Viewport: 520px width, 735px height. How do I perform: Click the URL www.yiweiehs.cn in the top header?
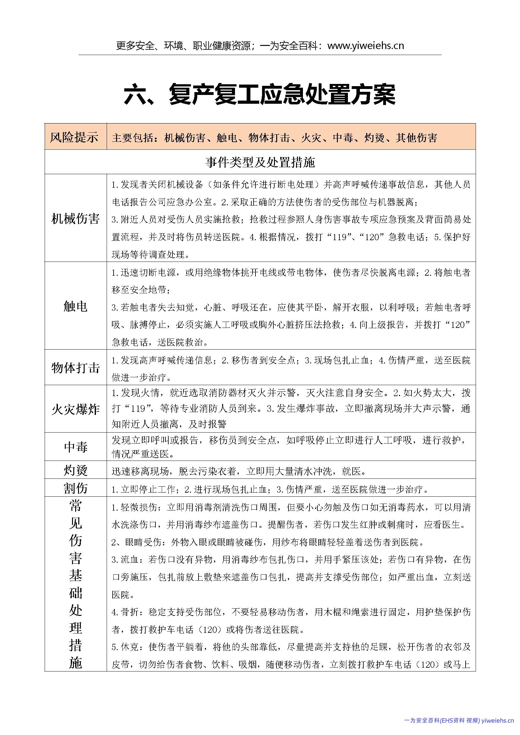(366, 46)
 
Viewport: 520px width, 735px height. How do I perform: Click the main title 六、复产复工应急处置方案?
(260, 94)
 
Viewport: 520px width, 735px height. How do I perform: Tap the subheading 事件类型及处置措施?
(260, 162)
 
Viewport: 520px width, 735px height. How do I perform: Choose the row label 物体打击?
(75, 368)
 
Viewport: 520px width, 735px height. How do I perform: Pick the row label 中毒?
(75, 447)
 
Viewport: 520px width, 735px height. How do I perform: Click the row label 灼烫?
(75, 470)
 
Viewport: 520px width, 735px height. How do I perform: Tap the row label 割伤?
(75, 488)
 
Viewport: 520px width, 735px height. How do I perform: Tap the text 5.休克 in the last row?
(126, 647)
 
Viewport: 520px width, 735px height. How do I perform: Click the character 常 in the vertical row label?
(75, 506)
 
